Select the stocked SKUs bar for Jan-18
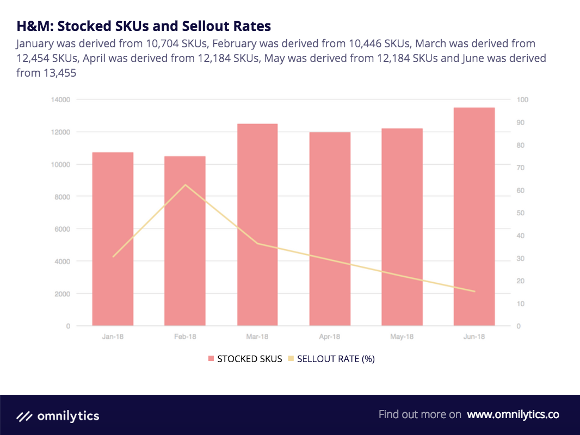(x=113, y=239)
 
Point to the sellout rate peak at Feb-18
(x=185, y=185)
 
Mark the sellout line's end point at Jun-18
(x=474, y=291)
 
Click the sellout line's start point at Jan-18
(x=113, y=256)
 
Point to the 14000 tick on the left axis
(x=61, y=100)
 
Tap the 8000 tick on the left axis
(x=63, y=196)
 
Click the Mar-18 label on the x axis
(x=257, y=337)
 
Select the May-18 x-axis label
(x=402, y=337)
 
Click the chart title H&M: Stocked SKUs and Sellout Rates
(x=144, y=26)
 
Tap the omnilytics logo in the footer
(x=58, y=417)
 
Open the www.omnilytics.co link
(x=513, y=414)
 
